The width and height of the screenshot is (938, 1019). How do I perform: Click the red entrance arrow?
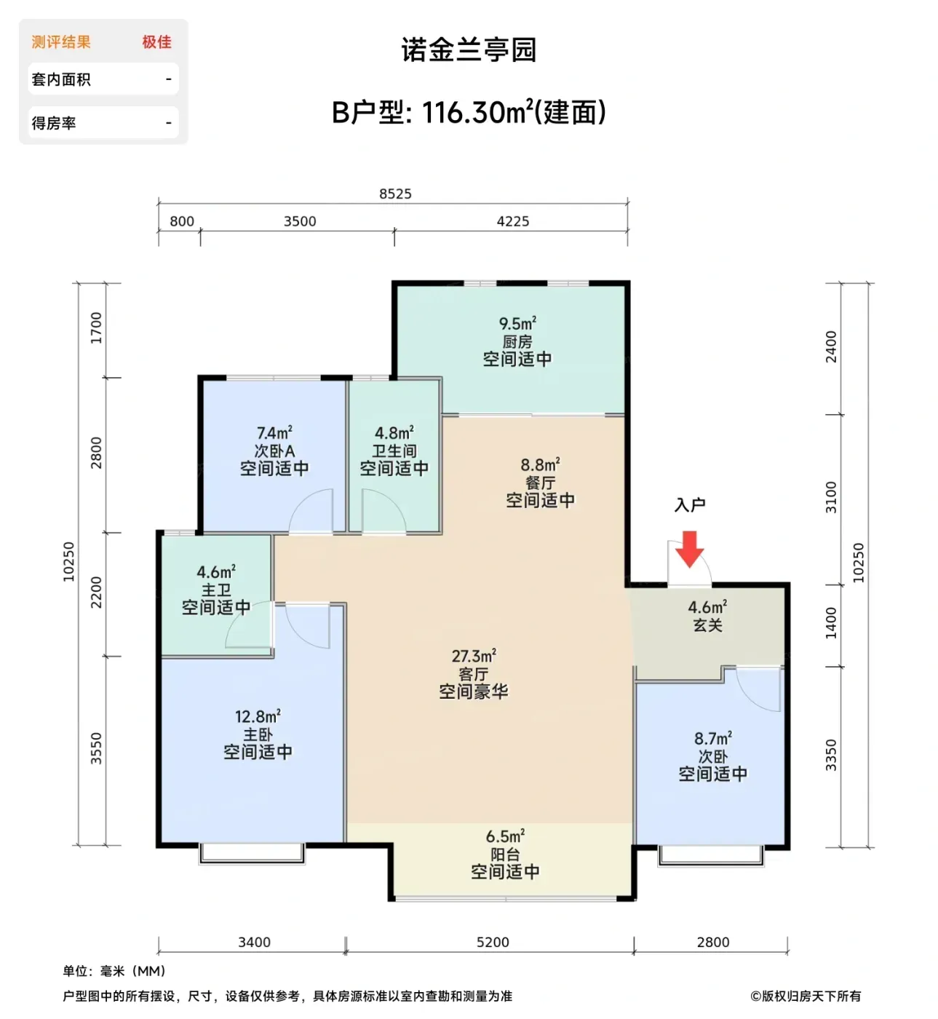[689, 549]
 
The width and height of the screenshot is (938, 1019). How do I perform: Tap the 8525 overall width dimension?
[395, 194]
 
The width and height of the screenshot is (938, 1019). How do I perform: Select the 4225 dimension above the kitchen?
[512, 221]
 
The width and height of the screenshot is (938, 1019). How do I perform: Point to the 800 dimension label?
[182, 221]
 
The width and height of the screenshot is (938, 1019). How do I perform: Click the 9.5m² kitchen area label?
[517, 323]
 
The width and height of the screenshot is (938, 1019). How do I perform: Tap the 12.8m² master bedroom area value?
[258, 716]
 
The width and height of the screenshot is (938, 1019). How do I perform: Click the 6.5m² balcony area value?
[505, 836]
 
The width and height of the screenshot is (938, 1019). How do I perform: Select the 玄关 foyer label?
[707, 625]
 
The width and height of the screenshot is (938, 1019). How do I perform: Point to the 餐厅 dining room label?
[540, 483]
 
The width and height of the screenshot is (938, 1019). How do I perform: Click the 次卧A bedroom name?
[274, 451]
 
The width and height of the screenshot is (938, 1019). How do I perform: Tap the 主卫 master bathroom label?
[216, 590]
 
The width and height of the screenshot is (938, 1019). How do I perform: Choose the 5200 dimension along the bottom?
[493, 942]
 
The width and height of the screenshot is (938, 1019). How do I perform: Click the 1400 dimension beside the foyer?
[830, 623]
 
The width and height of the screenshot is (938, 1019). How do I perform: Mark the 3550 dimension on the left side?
[95, 748]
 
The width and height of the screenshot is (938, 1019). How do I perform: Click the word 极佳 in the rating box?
[157, 41]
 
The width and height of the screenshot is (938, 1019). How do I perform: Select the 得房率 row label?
[54, 122]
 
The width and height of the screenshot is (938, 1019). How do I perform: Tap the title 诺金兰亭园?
[469, 49]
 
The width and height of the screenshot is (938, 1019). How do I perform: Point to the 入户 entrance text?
[690, 504]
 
